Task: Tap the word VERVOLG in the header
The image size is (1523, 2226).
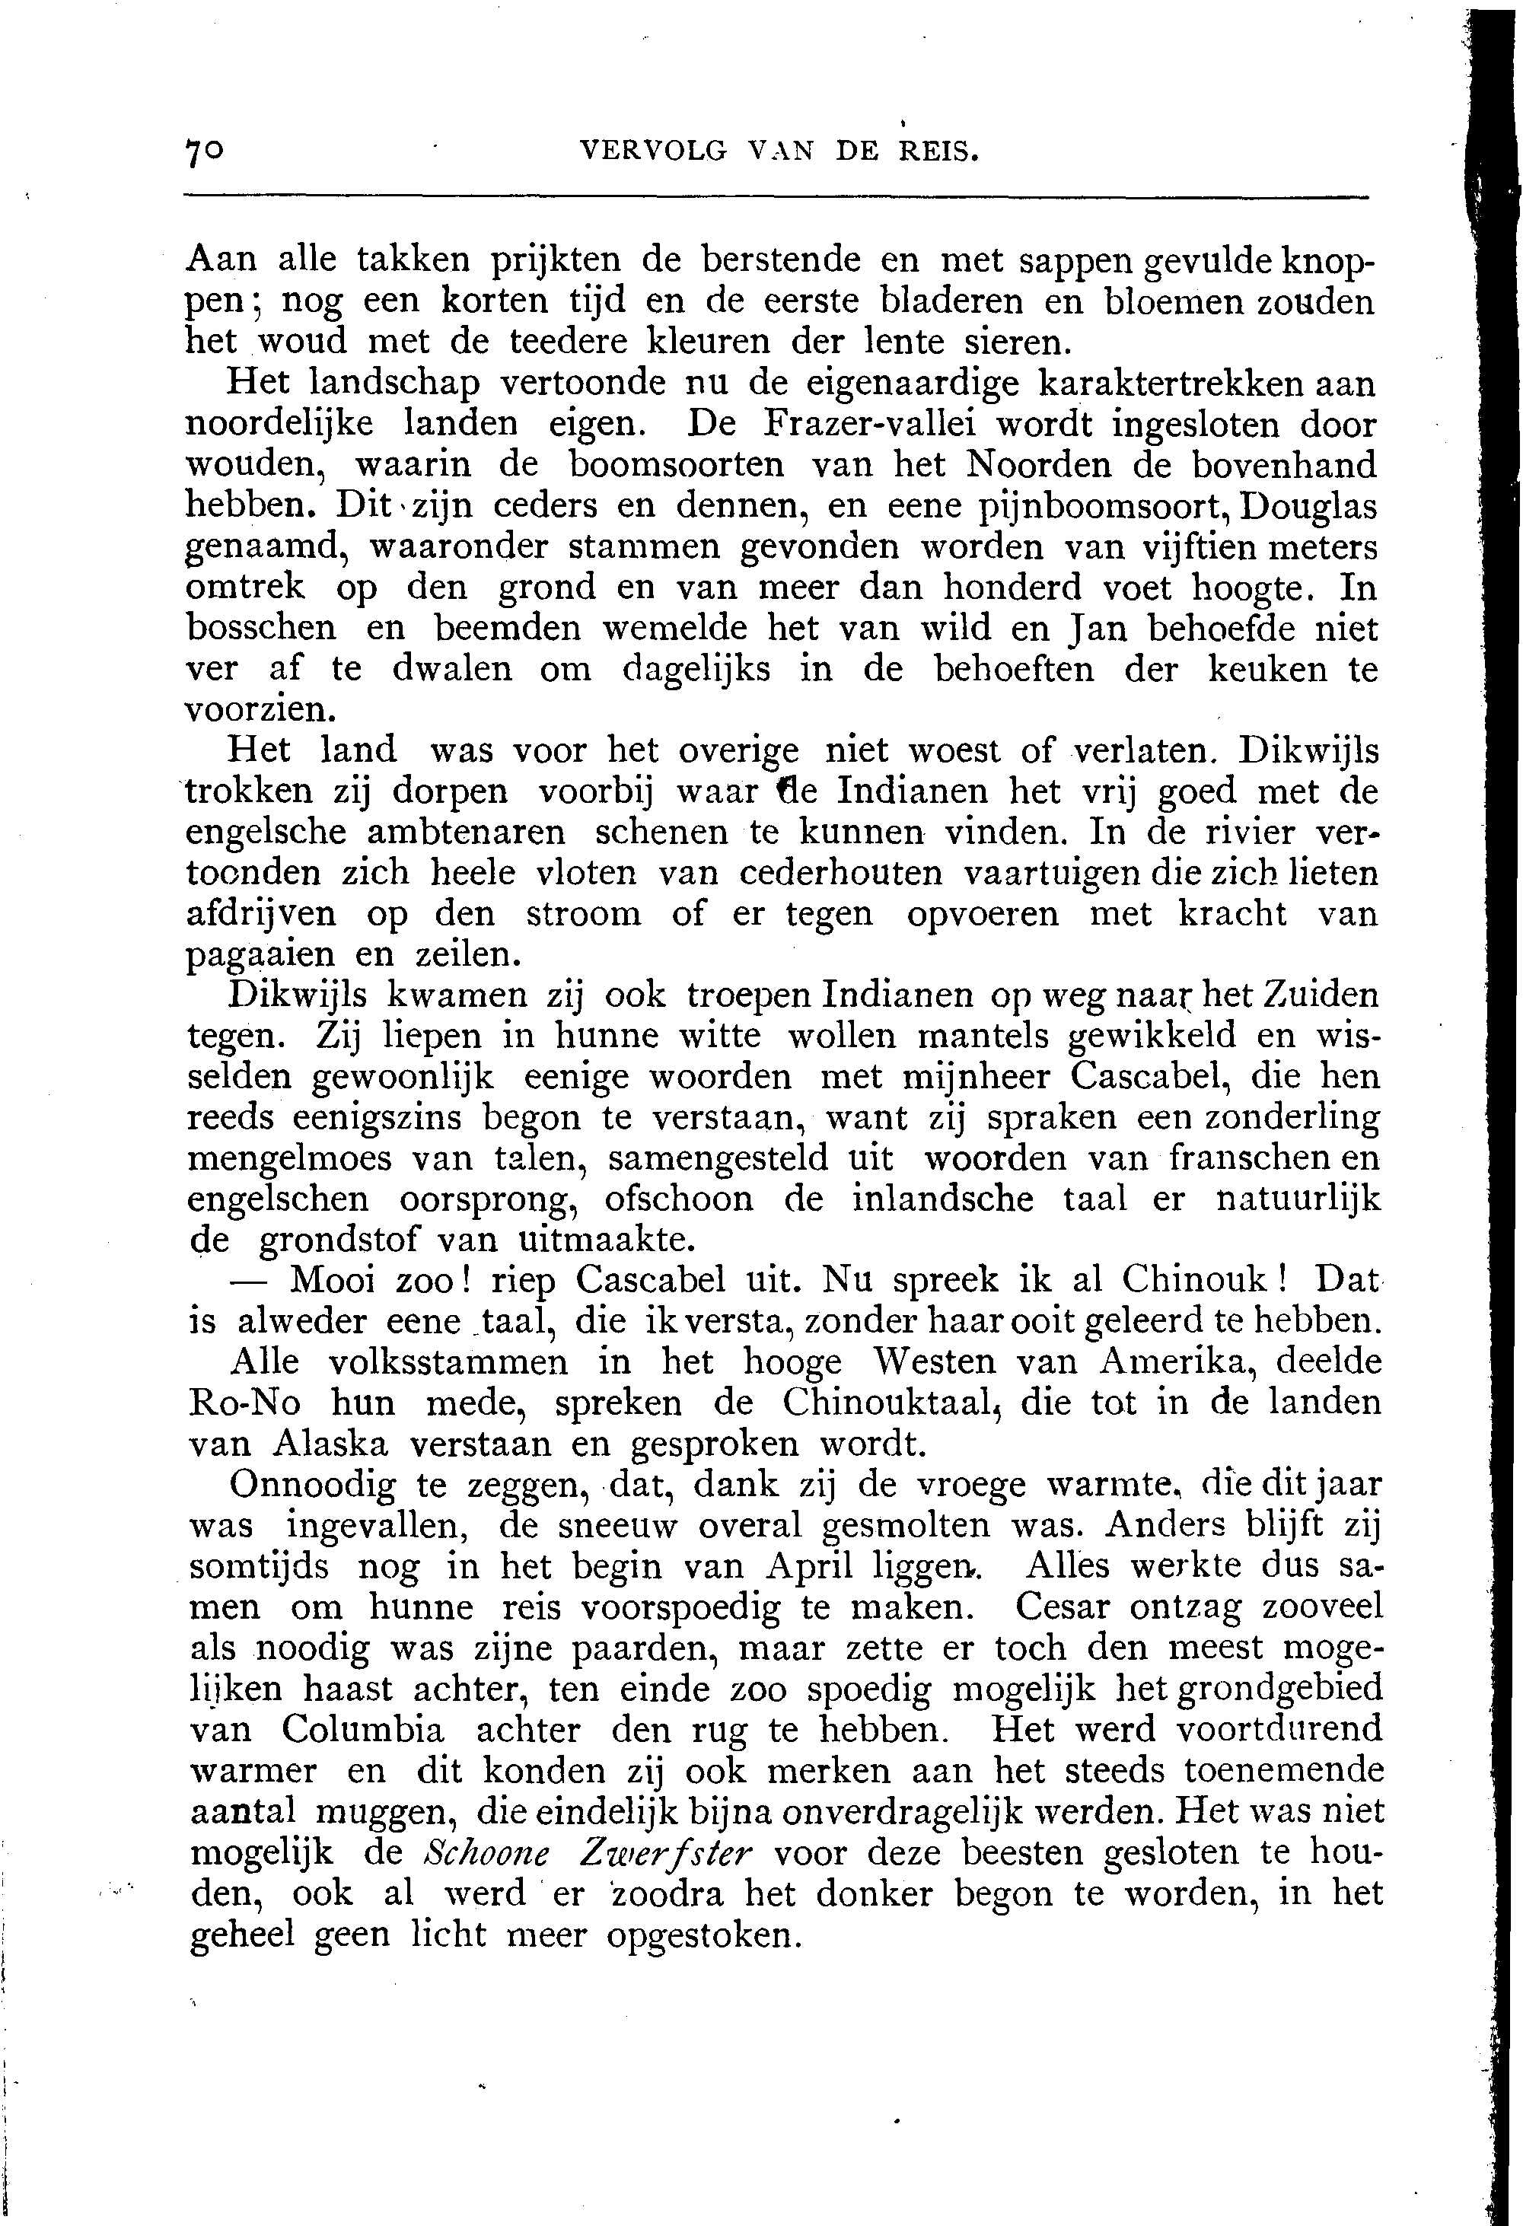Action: pyautogui.click(x=655, y=152)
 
